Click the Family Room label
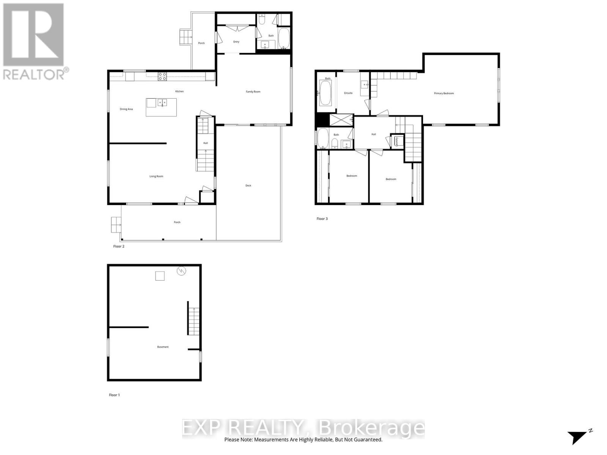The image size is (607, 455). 253,92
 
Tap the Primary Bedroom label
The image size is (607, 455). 444,93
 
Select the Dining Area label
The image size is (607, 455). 126,109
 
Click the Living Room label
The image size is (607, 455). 156,176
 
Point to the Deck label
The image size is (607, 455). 248,185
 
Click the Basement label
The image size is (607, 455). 163,347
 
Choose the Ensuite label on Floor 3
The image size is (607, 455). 348,93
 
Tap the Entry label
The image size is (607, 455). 236,42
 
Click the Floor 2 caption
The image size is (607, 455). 119,246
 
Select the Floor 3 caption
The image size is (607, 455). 322,219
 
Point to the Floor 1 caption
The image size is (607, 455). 114,395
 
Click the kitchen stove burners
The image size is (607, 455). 162,76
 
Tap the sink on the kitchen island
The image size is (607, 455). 162,102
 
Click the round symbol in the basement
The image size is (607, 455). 182,271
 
